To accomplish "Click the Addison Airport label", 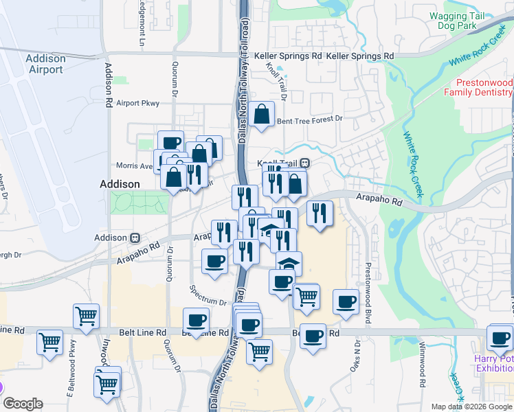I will [45, 64].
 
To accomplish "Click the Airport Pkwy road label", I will [137, 103].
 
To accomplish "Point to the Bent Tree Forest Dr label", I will [309, 120].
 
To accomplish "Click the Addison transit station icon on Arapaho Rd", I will [135, 237].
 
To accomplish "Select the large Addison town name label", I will [120, 184].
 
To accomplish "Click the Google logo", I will [23, 404].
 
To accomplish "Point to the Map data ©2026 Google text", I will [471, 407].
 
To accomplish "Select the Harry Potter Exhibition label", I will [493, 363].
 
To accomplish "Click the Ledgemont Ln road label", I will [143, 27].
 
